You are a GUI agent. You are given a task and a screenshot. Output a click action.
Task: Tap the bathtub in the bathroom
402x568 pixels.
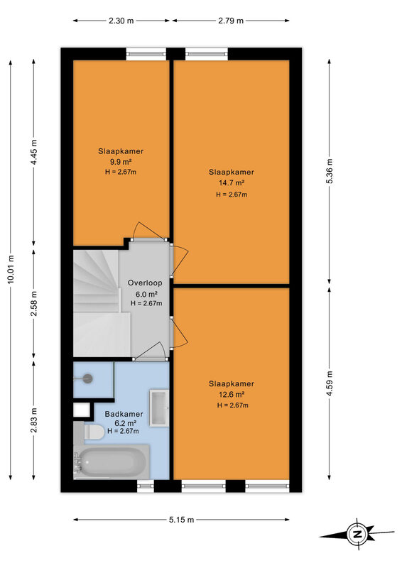[x=112, y=461]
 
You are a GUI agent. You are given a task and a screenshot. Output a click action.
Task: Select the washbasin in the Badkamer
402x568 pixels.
[x=159, y=408]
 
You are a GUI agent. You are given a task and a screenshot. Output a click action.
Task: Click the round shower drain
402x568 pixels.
[x=87, y=379]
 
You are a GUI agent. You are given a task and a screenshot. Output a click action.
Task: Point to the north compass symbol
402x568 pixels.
[x=357, y=535]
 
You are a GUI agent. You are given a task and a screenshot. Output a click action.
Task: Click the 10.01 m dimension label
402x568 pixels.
[x=11, y=270]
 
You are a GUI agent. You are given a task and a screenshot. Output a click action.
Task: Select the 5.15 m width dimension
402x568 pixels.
[x=181, y=520]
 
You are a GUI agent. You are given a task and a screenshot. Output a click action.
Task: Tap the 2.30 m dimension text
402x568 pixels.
[x=121, y=21]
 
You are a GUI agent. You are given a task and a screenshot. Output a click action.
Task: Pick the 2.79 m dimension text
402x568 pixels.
[x=231, y=21]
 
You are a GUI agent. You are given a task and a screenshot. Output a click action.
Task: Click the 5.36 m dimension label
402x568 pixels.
[x=330, y=171]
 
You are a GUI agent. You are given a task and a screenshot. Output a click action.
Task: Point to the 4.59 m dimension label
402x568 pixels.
[x=330, y=383]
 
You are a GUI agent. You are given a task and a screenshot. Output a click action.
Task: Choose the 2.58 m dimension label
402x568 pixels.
[x=33, y=304]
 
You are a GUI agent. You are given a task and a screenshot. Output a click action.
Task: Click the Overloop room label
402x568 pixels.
[x=145, y=283]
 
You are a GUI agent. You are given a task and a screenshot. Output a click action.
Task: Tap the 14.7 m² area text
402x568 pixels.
[x=232, y=183]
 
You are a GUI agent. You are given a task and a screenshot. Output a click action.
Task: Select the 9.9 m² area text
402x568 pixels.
[x=121, y=162]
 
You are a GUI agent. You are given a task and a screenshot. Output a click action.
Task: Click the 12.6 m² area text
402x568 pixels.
[x=232, y=395]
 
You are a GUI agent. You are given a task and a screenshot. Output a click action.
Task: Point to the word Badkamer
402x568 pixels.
[x=124, y=414]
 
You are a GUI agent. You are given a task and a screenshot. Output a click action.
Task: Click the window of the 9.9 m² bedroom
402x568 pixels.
[x=146, y=54]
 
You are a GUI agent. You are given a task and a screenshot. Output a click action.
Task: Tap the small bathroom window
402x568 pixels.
[x=146, y=486]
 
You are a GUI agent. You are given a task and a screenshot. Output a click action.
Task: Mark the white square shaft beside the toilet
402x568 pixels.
[x=82, y=410]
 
